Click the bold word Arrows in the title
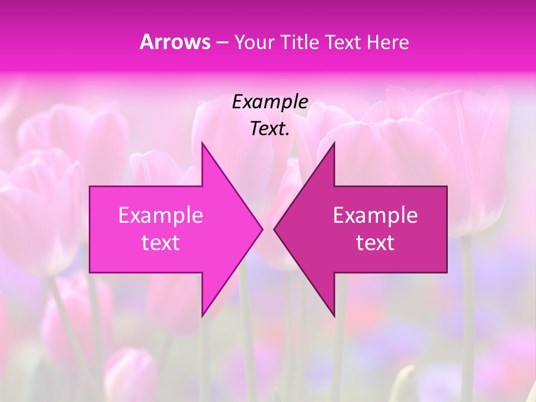point(175,42)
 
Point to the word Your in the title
point(254,42)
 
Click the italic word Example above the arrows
point(270,102)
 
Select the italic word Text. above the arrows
point(270,129)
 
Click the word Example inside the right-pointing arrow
point(161,216)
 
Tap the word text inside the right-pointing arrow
point(161,243)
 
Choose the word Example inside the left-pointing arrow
point(375,216)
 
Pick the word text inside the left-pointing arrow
point(375,243)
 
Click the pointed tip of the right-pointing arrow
point(262,229)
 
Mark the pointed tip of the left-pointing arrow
point(274,229)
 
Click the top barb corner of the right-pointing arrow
point(202,143)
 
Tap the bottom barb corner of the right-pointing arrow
point(202,316)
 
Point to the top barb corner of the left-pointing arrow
point(334,143)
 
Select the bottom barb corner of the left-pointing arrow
point(334,316)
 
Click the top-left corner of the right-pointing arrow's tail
point(90,186)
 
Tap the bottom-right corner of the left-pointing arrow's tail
point(447,272)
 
